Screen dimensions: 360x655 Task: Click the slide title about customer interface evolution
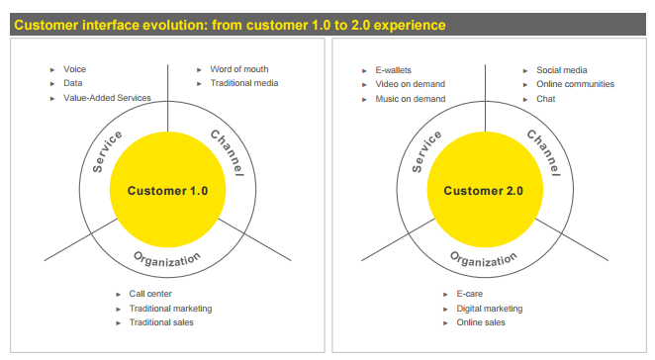[230, 24]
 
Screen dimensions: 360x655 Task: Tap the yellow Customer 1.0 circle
[167, 191]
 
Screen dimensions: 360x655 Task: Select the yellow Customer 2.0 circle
[483, 191]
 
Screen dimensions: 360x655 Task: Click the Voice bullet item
[74, 69]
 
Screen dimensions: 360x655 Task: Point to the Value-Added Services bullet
[107, 98]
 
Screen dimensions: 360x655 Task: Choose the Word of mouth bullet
[238, 69]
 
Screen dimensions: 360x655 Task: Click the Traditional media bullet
[243, 83]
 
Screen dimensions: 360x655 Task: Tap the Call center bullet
[150, 294]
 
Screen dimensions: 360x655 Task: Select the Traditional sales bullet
[161, 322]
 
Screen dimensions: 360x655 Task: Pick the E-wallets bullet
[394, 69]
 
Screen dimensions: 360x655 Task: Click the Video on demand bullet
[410, 84]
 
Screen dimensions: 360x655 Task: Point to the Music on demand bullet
[410, 98]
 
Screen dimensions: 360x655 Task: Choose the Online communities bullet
[575, 84]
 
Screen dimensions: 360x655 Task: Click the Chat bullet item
[546, 98]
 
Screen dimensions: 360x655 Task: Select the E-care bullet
[469, 294]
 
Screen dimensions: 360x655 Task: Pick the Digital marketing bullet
[489, 309]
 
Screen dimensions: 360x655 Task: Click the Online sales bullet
[481, 322]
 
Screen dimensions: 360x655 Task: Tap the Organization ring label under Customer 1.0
[167, 260]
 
